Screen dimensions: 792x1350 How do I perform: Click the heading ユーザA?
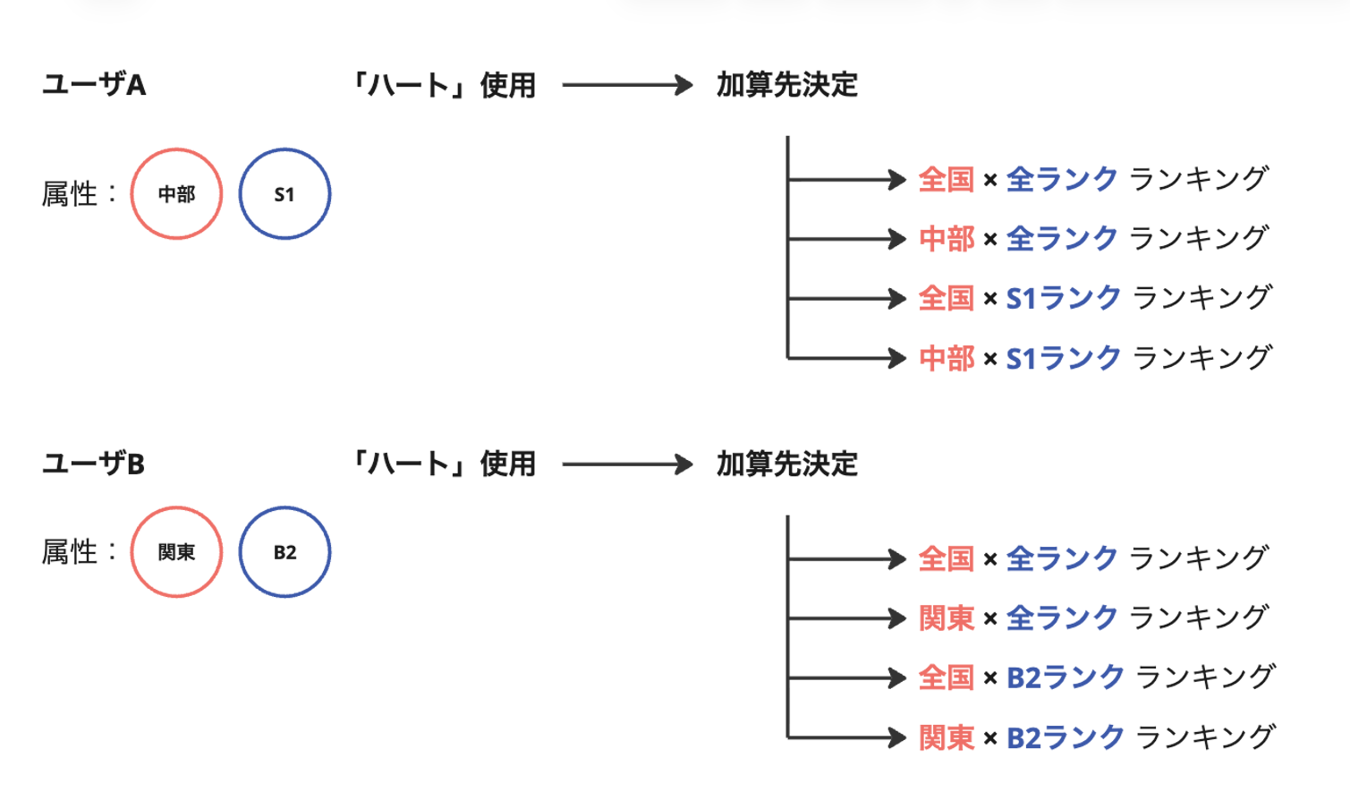tap(94, 85)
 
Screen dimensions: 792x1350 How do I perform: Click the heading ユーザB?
tap(94, 464)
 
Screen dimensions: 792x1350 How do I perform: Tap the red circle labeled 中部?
tap(176, 194)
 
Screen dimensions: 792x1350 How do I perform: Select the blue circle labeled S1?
tap(284, 194)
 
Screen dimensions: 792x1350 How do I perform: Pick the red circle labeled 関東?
tap(176, 552)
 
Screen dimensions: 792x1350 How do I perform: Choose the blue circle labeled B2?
tap(284, 552)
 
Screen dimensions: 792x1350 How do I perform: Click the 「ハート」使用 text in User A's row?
tap(445, 85)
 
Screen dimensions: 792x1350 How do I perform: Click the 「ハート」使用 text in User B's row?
tap(445, 464)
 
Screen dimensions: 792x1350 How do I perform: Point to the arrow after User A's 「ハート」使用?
tap(627, 85)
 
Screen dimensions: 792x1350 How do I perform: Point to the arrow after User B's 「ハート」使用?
tap(627, 464)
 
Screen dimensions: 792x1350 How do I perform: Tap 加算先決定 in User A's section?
tap(786, 85)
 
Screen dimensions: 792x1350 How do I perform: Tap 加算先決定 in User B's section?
tap(786, 464)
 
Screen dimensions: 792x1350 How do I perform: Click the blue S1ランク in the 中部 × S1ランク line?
tap(1063, 358)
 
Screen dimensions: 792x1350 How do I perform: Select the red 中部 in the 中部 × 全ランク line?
tap(947, 239)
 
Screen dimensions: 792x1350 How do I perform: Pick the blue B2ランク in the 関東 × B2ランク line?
tap(1065, 737)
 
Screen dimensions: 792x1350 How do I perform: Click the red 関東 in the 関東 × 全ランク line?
tap(947, 618)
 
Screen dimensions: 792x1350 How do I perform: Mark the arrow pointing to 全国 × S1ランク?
tap(846, 299)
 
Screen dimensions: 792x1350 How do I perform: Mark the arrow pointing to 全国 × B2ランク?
tap(846, 677)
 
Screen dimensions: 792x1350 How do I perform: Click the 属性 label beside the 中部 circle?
tap(70, 194)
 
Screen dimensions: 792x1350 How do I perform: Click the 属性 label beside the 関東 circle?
tap(70, 552)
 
